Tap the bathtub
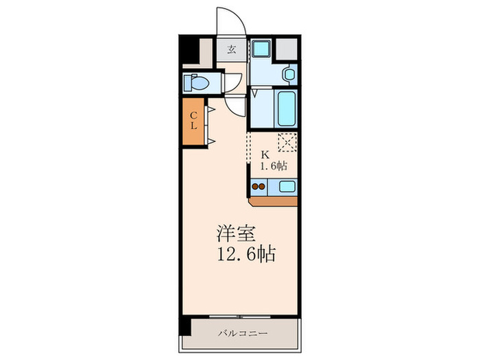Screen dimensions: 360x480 [x=286, y=107]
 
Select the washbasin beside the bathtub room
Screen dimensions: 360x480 [x=289, y=73]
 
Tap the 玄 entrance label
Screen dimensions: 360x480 [x=232, y=49]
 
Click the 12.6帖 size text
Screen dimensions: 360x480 [x=246, y=256]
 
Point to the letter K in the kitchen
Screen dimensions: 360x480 [x=265, y=154]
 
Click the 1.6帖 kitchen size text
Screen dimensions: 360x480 [x=272, y=167]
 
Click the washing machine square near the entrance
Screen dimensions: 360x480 [x=261, y=49]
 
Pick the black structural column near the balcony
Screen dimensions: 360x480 [x=184, y=326]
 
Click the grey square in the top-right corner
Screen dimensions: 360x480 [x=287, y=48]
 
